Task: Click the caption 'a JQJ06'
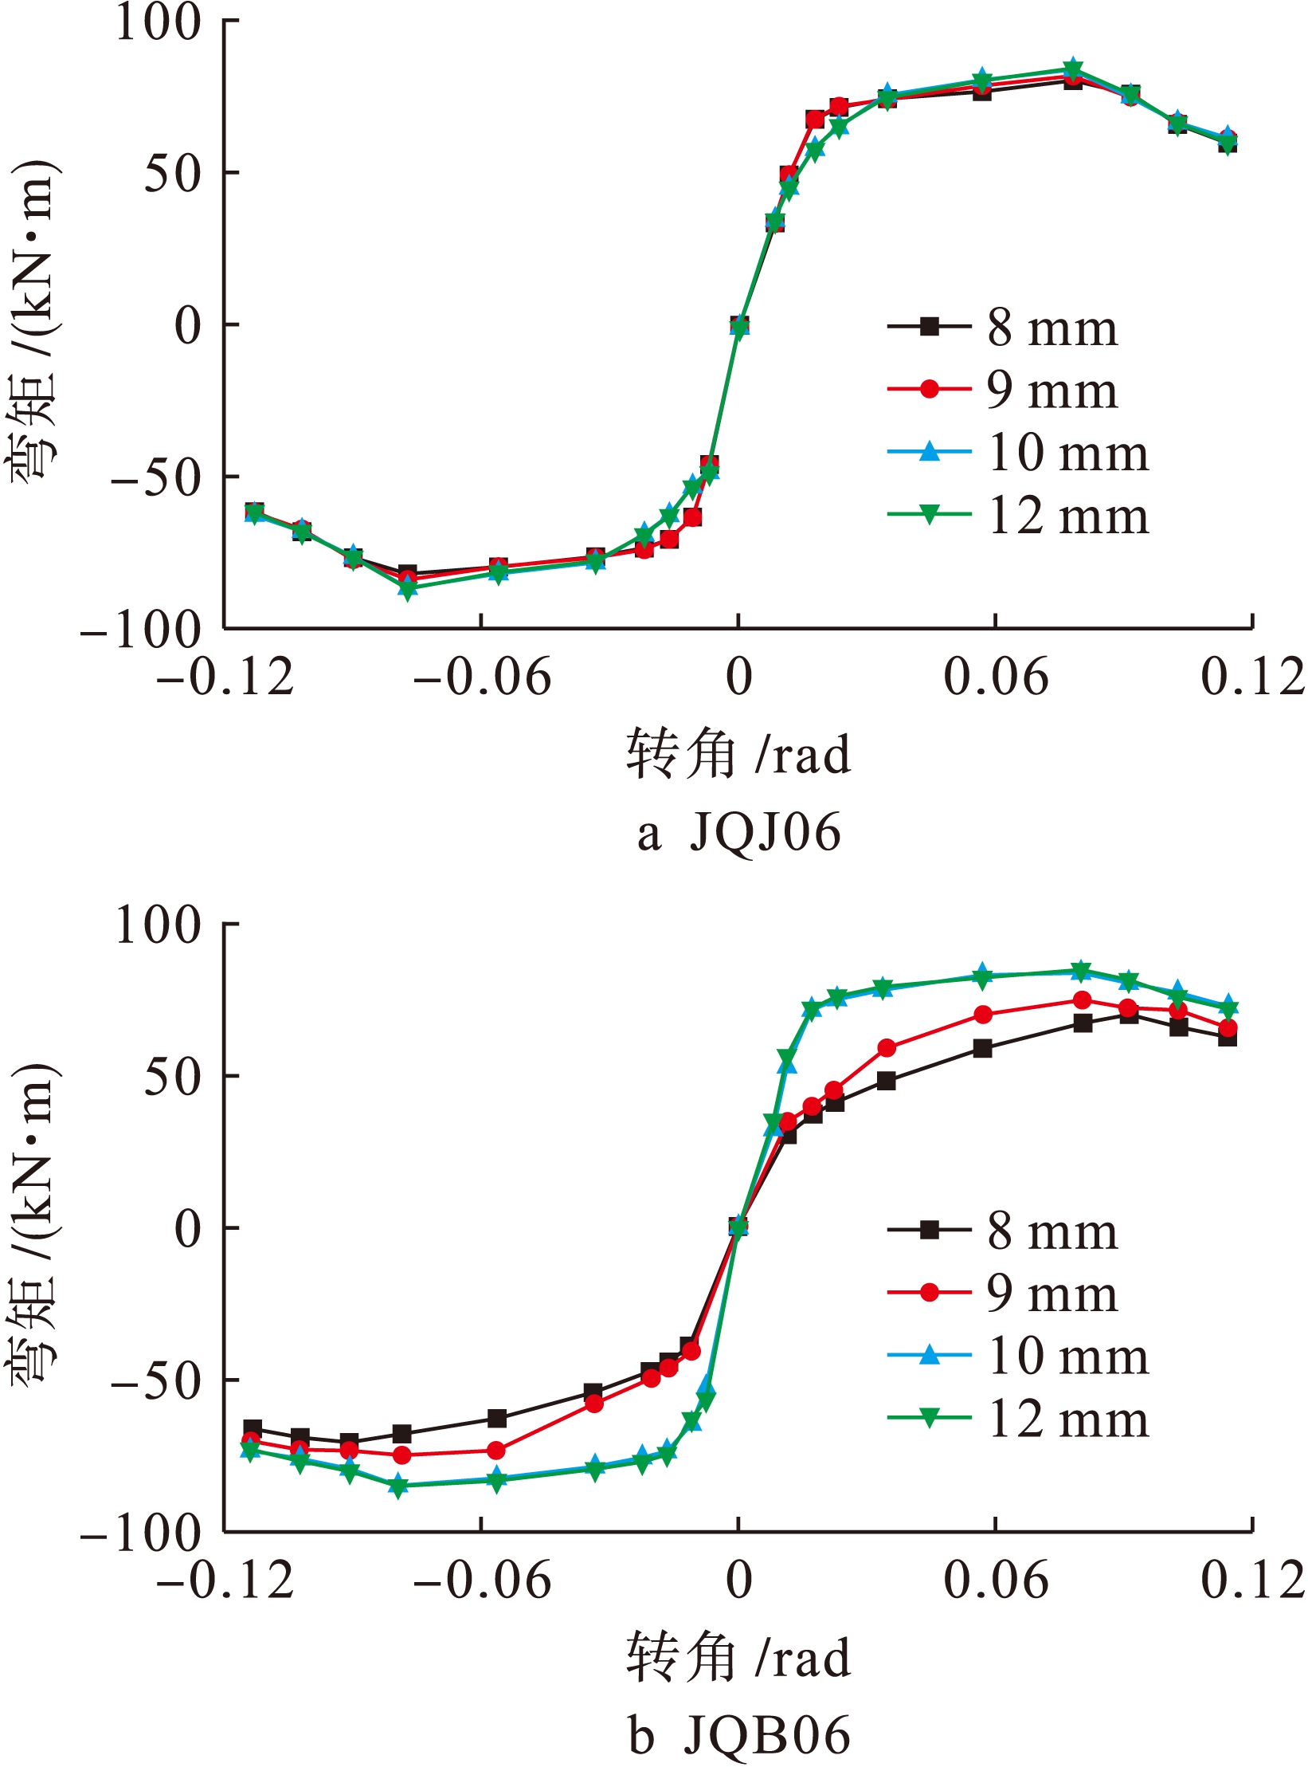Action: click(738, 834)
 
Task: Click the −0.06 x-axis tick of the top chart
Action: click(482, 677)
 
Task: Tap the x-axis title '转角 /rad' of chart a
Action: click(738, 754)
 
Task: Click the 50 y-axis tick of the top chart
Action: click(172, 174)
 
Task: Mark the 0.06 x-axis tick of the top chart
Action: click(996, 677)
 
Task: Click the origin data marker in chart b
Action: click(738, 1227)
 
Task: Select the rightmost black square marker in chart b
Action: click(1228, 1037)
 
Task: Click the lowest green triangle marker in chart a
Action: click(408, 591)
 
